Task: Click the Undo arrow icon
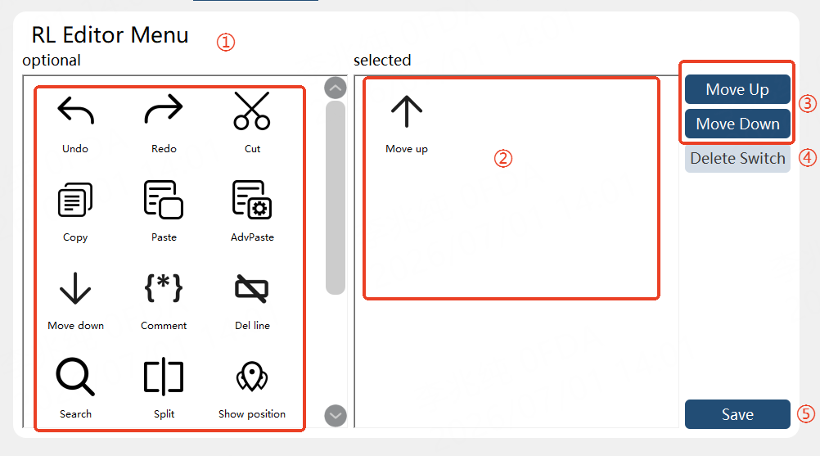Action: pos(75,111)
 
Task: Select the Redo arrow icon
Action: pos(164,109)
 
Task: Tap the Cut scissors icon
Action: pos(252,111)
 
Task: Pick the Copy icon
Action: pos(75,199)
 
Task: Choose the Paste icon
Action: pos(164,199)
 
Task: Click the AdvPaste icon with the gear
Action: pos(252,199)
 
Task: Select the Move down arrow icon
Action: pos(75,288)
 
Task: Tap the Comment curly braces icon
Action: pos(164,287)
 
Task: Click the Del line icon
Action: pos(252,288)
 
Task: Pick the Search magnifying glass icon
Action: pos(75,377)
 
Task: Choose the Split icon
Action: pos(164,377)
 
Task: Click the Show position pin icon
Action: pos(252,377)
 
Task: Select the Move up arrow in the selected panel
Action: pos(407,111)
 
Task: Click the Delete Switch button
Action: pos(737,159)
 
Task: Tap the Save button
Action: pos(737,414)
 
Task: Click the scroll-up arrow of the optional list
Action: pos(336,88)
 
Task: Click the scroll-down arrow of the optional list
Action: pos(336,416)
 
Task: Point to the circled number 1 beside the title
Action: pos(226,42)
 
